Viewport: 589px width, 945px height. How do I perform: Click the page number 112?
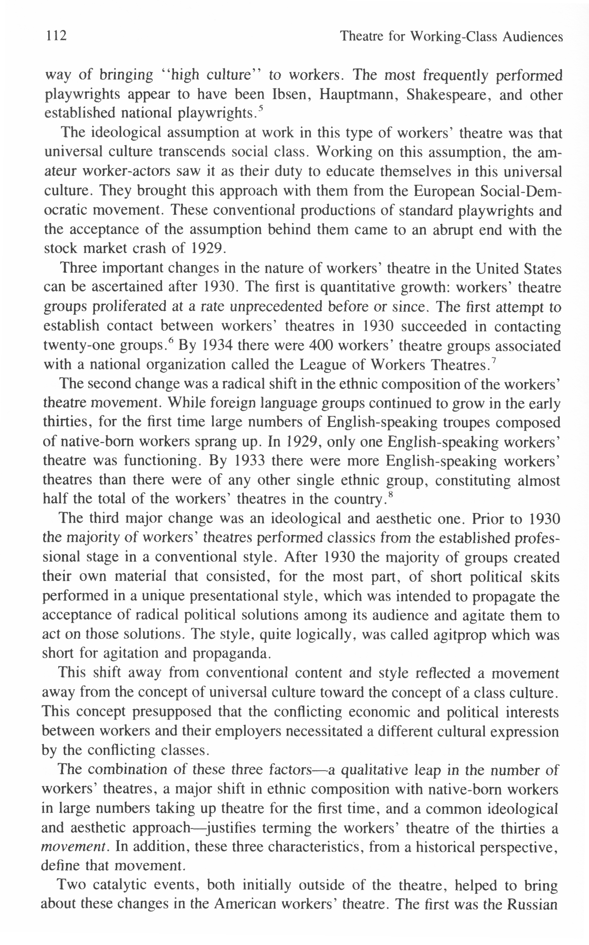(x=56, y=36)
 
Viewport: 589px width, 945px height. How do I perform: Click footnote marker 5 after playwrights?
(x=261, y=109)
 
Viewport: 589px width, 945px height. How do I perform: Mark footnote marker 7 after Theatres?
(x=494, y=361)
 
